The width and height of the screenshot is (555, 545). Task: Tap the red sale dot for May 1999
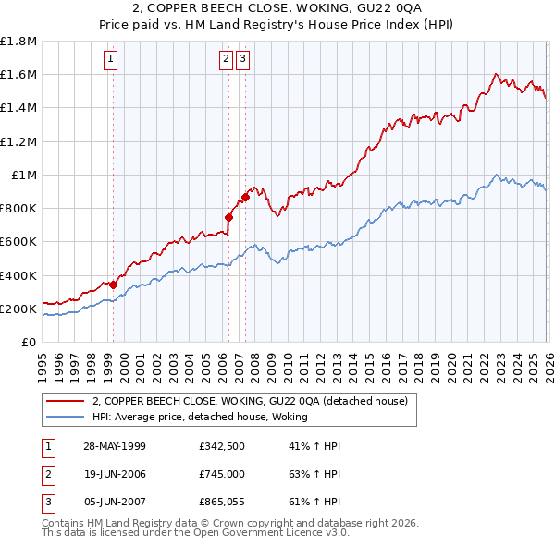click(x=113, y=285)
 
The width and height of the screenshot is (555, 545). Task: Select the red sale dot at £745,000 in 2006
click(x=228, y=218)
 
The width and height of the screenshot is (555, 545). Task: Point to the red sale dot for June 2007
click(x=245, y=197)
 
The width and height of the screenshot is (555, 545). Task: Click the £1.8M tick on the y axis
click(x=18, y=42)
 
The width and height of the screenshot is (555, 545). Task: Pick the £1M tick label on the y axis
click(x=24, y=175)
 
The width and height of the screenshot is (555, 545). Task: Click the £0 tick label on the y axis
click(x=31, y=342)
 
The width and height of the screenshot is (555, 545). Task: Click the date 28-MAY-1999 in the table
click(x=114, y=446)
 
